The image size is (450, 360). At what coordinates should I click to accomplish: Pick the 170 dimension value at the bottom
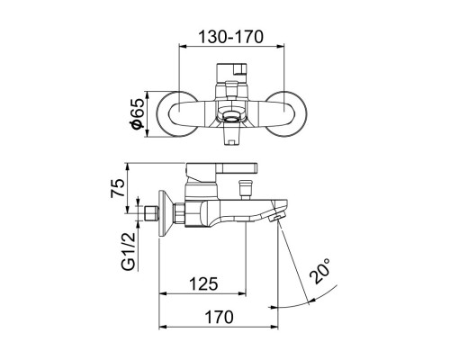pyautogui.click(x=217, y=317)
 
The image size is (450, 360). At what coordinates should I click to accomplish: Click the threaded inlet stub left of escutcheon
pyautogui.click(x=151, y=215)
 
